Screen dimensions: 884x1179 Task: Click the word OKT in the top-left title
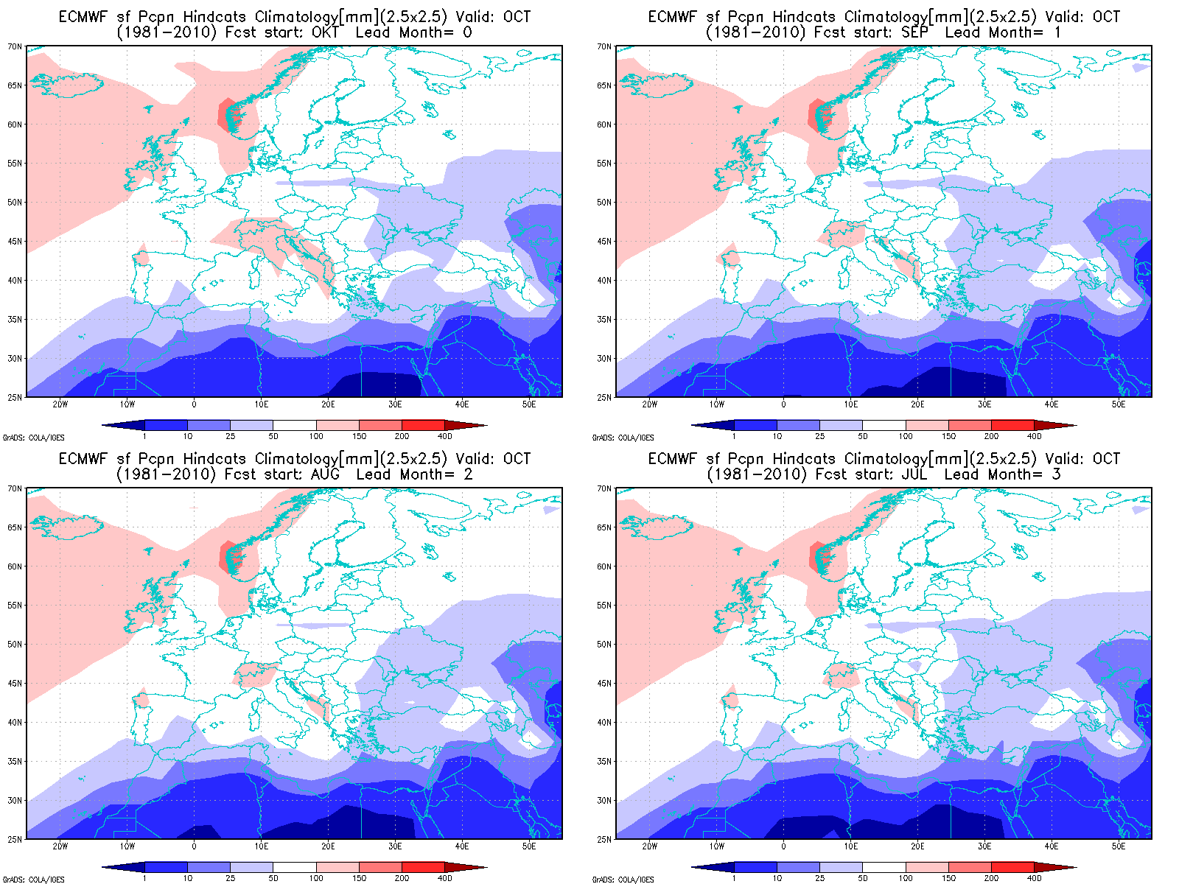[x=325, y=32]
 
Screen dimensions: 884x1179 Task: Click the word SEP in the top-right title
[x=914, y=32]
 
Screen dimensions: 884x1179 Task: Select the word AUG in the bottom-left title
[x=325, y=474]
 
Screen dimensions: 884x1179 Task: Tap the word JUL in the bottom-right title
[x=914, y=474]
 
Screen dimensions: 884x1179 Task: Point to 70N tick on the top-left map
[x=15, y=46]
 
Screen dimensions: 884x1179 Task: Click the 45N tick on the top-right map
[x=604, y=241]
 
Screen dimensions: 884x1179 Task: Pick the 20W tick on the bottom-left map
[x=60, y=846]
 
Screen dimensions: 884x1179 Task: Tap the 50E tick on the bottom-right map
[x=1119, y=846]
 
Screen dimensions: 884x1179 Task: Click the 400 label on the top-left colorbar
[x=445, y=436]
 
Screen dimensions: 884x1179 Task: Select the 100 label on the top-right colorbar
[x=906, y=436]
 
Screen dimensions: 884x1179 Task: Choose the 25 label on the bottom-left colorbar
[x=231, y=878]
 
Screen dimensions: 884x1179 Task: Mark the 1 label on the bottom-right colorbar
[x=734, y=878]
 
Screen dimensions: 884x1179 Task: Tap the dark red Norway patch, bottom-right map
[x=814, y=556]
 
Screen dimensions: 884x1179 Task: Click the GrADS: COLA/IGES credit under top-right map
[x=623, y=438]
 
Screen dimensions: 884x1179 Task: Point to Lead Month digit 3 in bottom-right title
[x=1056, y=474]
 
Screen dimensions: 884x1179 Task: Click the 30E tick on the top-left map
[x=395, y=404]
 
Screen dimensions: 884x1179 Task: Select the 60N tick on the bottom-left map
[x=15, y=566]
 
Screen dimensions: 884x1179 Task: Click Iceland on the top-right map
[x=656, y=84]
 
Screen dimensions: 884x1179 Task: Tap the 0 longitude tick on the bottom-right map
[x=783, y=846]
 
